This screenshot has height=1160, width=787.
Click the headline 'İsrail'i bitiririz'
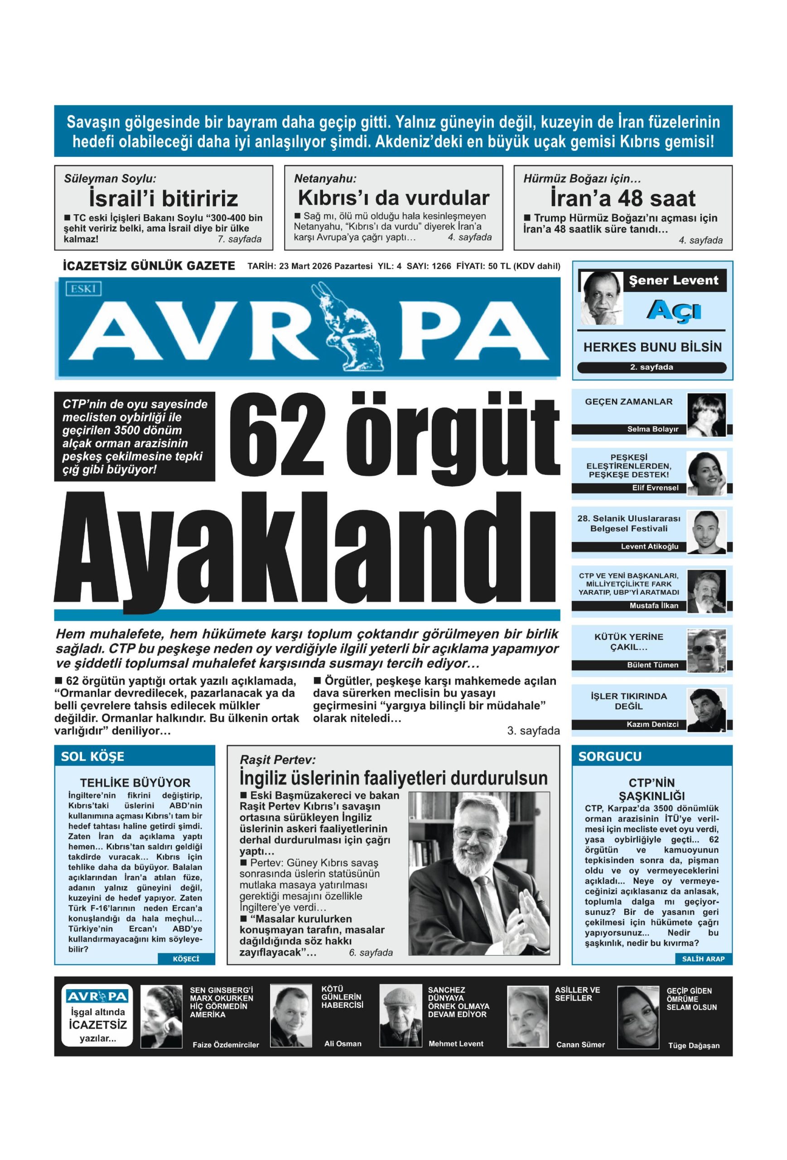[163, 198]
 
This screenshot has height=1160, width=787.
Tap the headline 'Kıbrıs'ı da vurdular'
[393, 198]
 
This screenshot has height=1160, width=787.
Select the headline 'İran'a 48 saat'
[623, 198]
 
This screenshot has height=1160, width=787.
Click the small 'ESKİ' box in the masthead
[83, 289]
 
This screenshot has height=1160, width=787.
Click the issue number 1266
[441, 266]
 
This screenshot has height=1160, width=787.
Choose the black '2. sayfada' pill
[651, 367]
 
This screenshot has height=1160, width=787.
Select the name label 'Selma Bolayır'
[653, 429]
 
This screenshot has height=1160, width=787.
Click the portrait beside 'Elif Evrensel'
[706, 472]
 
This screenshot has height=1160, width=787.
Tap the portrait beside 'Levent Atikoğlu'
[706, 531]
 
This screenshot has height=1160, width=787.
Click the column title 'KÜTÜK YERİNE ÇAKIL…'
[628, 642]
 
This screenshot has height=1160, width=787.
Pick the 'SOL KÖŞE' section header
[93, 757]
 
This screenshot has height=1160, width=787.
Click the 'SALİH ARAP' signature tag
[703, 958]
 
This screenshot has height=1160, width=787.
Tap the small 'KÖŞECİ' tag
[186, 959]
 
